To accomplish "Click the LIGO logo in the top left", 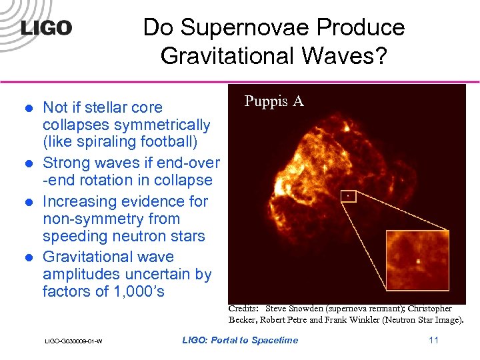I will [46, 28].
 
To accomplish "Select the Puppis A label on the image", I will [274, 101].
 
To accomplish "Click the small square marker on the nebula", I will [347, 196].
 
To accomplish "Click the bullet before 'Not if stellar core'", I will [28, 108].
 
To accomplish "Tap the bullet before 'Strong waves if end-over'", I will [28, 163].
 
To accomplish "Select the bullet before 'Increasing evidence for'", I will [28, 202].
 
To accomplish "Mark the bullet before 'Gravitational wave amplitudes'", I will [28, 257].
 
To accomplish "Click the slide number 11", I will [434, 341].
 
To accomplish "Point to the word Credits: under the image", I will [243, 309].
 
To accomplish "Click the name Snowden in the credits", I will [316, 309].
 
